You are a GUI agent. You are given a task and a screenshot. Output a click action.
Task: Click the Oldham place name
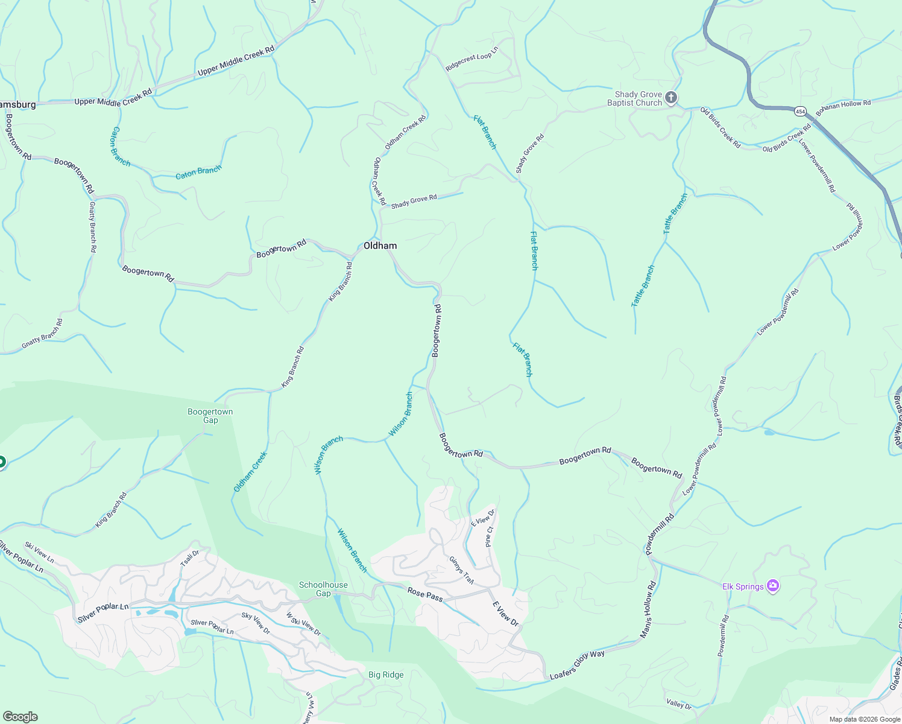pos(380,246)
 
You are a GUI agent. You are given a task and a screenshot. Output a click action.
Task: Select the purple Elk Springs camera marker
pos(773,586)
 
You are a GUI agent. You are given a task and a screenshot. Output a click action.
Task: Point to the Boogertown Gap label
pos(210,416)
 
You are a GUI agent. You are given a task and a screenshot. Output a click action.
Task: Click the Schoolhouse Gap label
pos(323,589)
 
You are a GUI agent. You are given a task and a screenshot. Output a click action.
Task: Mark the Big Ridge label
pos(386,675)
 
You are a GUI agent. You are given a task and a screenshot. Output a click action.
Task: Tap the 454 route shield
pos(800,111)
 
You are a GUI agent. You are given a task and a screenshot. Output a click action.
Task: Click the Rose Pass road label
pos(425,594)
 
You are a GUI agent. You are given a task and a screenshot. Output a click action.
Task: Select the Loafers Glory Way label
pos(577,664)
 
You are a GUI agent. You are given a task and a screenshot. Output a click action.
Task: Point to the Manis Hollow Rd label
pos(647,610)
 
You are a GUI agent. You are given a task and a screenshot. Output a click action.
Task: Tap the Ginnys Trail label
pos(461,570)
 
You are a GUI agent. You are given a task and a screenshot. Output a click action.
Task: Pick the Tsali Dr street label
pos(189,558)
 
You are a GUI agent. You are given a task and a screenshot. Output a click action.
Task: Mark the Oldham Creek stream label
pos(250,471)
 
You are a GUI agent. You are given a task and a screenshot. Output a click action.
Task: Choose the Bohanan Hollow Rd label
pos(843,107)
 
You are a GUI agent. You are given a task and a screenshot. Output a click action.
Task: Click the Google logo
pos(20,716)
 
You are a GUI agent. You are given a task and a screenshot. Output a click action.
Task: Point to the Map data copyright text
pos(864,719)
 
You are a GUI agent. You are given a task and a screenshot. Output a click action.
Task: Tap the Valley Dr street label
pos(679,704)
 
